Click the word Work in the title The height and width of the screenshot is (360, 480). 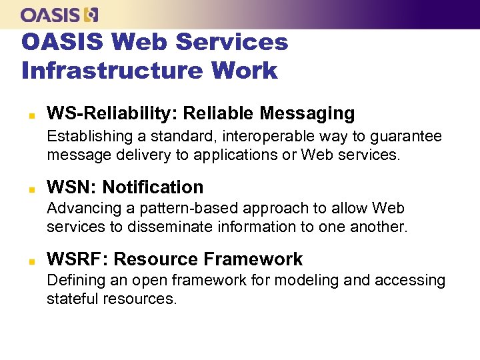point(243,70)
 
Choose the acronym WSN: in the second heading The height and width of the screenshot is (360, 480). point(71,187)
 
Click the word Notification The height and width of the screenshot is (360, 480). point(153,187)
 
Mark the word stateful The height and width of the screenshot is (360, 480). point(72,299)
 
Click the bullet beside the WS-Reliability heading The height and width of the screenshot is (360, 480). point(30,114)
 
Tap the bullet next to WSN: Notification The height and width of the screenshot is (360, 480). point(30,188)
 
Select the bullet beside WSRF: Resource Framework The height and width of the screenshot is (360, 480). point(30,260)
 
